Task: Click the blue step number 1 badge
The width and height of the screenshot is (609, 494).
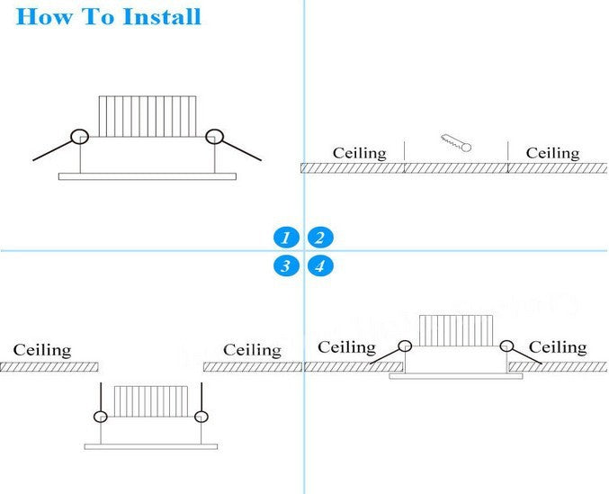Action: pyautogui.click(x=285, y=238)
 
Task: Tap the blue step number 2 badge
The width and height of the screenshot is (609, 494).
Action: pyautogui.click(x=320, y=238)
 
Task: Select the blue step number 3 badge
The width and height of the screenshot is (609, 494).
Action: pyautogui.click(x=285, y=265)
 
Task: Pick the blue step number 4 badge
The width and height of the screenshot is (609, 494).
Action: pyautogui.click(x=320, y=265)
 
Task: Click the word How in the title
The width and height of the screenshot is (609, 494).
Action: pyautogui.click(x=43, y=17)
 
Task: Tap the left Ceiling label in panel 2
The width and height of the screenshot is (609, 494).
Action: pyautogui.click(x=359, y=153)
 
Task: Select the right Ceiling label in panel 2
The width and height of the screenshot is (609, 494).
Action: pyautogui.click(x=552, y=153)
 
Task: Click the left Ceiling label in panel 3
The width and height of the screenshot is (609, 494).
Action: pyautogui.click(x=41, y=349)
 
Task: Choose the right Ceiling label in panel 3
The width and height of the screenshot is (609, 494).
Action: pyautogui.click(x=252, y=350)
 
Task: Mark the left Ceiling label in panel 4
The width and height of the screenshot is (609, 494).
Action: pyautogui.click(x=346, y=347)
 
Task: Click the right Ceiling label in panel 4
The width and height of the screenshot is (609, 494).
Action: pyautogui.click(x=558, y=347)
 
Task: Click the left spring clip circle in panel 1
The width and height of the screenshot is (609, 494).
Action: pyautogui.click(x=80, y=137)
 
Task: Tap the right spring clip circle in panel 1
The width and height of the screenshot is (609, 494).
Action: pyautogui.click(x=214, y=137)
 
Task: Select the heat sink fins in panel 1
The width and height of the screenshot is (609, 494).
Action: pyautogui.click(x=147, y=117)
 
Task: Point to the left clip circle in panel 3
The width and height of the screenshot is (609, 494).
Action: pyautogui.click(x=100, y=416)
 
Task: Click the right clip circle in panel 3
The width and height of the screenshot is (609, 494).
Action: pyautogui.click(x=201, y=416)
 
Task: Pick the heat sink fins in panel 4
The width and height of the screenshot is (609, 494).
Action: pyautogui.click(x=456, y=331)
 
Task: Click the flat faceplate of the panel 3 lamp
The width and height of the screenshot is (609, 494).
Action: pyautogui.click(x=150, y=446)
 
